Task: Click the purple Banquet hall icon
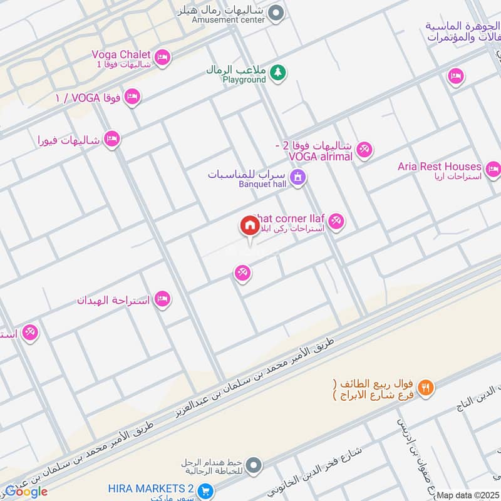(299, 178)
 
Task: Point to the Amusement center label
(228, 20)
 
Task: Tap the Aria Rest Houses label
(439, 167)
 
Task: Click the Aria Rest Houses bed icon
(493, 169)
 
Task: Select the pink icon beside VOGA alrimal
(364, 150)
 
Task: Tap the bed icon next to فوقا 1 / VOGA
(132, 97)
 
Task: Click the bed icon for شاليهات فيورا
(112, 139)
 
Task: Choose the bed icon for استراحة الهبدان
(162, 299)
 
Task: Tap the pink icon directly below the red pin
(243, 273)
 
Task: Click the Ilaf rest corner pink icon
(336, 222)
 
